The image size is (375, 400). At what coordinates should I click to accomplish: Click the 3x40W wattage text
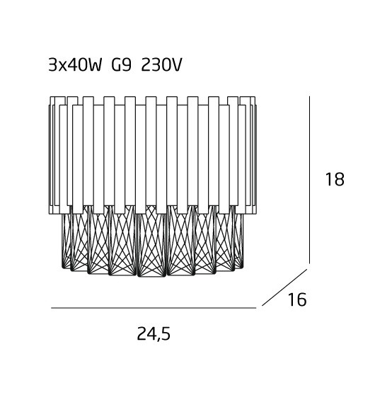pos(75,65)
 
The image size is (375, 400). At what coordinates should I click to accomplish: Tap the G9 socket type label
pos(122,65)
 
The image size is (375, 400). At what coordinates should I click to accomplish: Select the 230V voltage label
pos(161,65)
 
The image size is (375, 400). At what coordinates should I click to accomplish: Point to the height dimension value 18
pos(335,179)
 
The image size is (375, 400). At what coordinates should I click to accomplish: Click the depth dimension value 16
pos(297,299)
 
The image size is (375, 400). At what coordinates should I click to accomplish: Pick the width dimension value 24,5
pos(154,334)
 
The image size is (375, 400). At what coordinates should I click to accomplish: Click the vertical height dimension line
pos(309,180)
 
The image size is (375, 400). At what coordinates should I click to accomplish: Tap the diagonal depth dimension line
pos(284,287)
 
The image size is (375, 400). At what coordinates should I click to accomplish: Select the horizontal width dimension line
pos(154,308)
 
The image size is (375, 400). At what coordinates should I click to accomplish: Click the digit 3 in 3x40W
pos(52,65)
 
